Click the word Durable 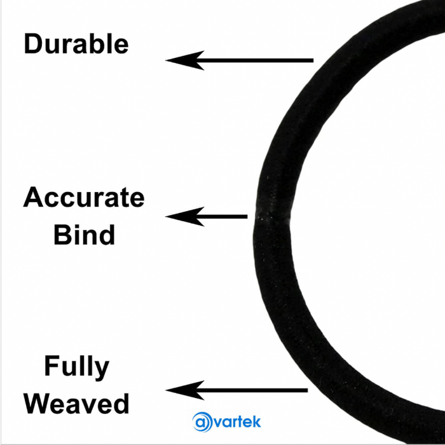[76, 44]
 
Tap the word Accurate [84, 198]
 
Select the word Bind [84, 235]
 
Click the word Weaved [80, 404]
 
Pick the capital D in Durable [34, 44]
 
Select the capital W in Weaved [43, 404]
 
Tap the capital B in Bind [62, 235]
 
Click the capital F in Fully [51, 367]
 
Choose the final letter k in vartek [257, 421]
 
